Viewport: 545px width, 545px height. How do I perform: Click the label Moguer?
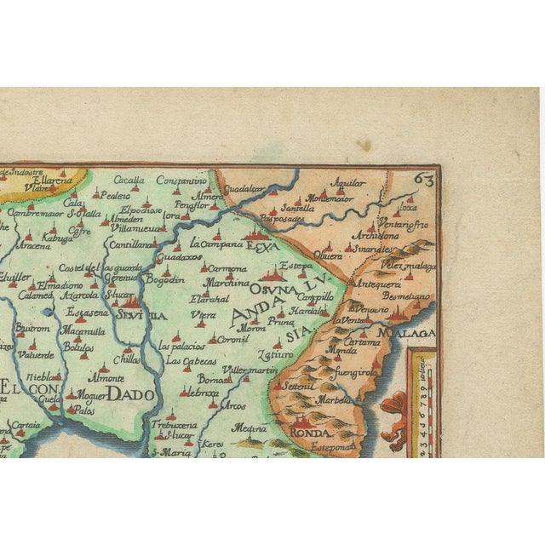point(92,395)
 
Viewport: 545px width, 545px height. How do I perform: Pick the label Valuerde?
point(35,354)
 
